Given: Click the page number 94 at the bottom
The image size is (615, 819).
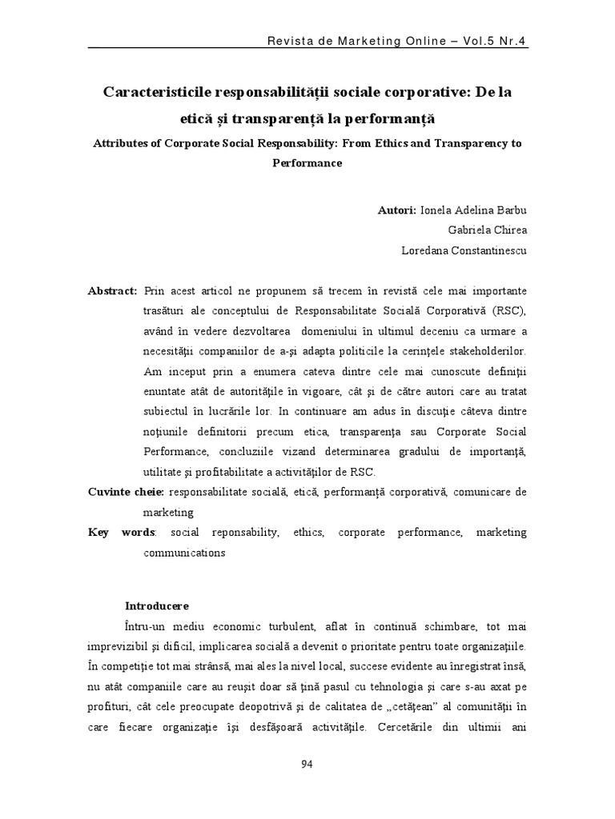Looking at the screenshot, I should pyautogui.click(x=307, y=764).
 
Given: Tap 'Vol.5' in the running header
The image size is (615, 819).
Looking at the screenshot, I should pyautogui.click(x=476, y=41).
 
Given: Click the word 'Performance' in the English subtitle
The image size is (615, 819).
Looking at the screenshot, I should pyautogui.click(x=307, y=162).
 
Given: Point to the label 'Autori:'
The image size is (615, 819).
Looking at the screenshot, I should pyautogui.click(x=396, y=210).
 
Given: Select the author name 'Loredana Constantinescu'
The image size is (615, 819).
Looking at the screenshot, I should pyautogui.click(x=464, y=250).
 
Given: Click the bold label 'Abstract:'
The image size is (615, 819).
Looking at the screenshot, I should pyautogui.click(x=112, y=290).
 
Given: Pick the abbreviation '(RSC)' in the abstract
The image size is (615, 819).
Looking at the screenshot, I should pyautogui.click(x=509, y=310).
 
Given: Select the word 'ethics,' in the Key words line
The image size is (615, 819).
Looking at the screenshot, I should pyautogui.click(x=308, y=532).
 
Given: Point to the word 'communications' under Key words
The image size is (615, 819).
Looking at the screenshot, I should pyautogui.click(x=185, y=552).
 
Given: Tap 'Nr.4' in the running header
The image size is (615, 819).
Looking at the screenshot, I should pyautogui.click(x=513, y=41).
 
